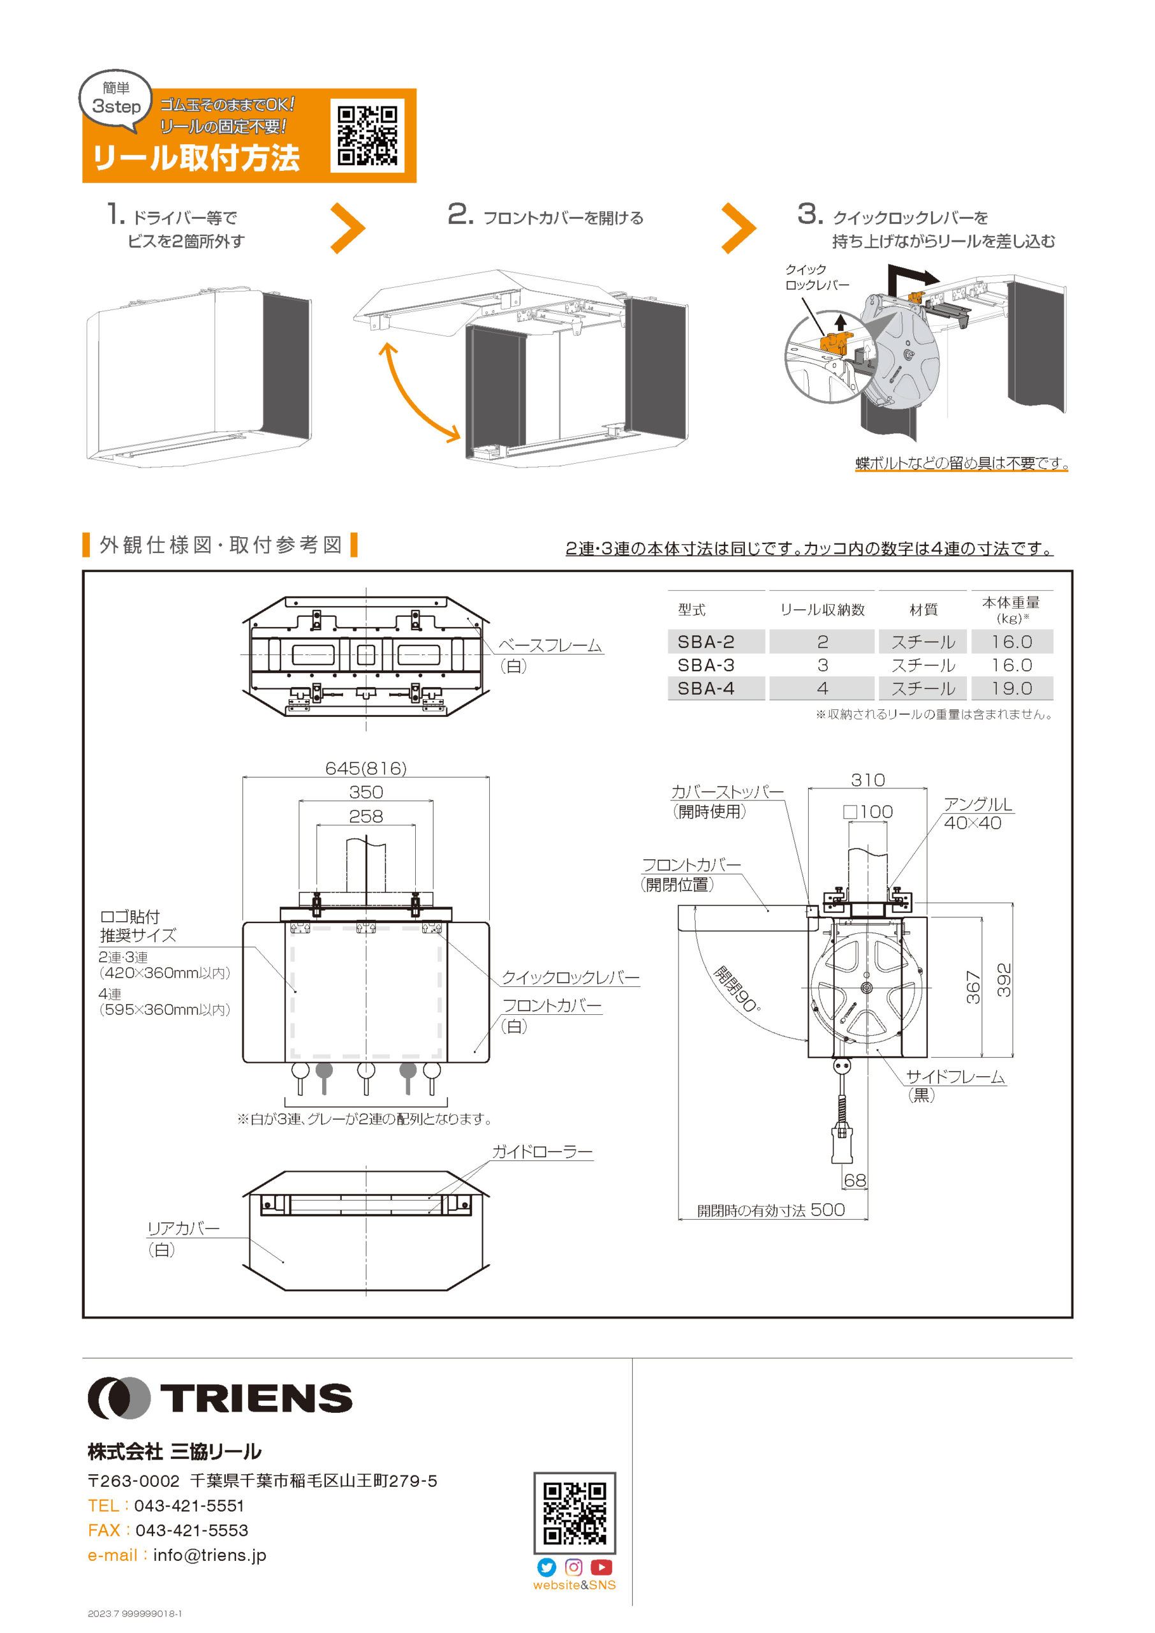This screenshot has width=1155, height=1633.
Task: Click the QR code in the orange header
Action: [x=367, y=135]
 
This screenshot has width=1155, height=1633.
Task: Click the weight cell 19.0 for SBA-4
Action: [x=1011, y=688]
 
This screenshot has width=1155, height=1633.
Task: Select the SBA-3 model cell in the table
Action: [x=705, y=665]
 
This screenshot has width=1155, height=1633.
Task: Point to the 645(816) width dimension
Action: [x=365, y=768]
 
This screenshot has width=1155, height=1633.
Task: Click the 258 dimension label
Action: [x=365, y=816]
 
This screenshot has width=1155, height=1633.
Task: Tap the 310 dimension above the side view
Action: [x=867, y=780]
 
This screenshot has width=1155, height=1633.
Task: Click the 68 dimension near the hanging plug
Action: [x=854, y=1180]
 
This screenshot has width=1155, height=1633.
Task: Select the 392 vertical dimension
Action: [x=1003, y=980]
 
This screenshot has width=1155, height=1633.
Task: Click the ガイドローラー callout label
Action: [x=542, y=1151]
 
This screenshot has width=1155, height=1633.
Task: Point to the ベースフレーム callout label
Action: [x=549, y=645]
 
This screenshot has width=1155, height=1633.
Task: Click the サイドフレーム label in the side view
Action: [x=955, y=1077]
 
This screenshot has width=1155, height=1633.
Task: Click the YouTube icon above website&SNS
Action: [x=601, y=1567]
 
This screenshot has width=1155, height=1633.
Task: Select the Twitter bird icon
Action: [x=546, y=1567]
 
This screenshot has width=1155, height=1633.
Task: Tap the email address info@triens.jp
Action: [x=209, y=1555]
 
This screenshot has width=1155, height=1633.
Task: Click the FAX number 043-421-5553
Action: [x=191, y=1530]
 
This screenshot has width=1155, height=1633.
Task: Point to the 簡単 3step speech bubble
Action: [x=116, y=100]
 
